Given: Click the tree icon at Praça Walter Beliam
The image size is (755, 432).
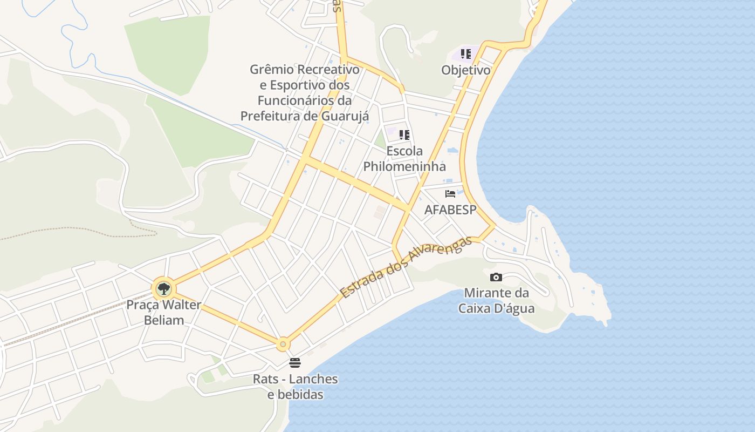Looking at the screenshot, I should pyautogui.click(x=163, y=289).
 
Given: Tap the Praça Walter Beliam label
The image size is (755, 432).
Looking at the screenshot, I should pyautogui.click(x=163, y=312).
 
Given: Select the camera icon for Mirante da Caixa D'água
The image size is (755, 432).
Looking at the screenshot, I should pyautogui.click(x=496, y=278).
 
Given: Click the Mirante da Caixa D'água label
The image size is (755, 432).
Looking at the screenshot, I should pyautogui.click(x=496, y=301).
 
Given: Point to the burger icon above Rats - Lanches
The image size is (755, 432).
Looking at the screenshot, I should pyautogui.click(x=295, y=363).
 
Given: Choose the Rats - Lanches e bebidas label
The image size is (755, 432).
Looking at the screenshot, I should pyautogui.click(x=296, y=387).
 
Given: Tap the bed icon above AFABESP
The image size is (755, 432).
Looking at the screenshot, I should pyautogui.click(x=450, y=194).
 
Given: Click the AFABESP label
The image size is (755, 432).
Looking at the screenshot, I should pyautogui.click(x=450, y=210).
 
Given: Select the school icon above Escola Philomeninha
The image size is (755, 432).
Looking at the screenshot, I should pyautogui.click(x=404, y=135).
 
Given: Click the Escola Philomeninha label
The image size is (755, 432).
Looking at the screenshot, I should pyautogui.click(x=404, y=159).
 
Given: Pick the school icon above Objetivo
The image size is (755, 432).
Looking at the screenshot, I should pyautogui.click(x=466, y=54).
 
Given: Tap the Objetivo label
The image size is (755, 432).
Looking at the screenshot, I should pyautogui.click(x=466, y=70).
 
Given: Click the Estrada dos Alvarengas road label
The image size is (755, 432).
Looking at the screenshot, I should pyautogui.click(x=407, y=267).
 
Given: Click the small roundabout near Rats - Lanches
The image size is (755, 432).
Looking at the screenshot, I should pyautogui.click(x=283, y=344).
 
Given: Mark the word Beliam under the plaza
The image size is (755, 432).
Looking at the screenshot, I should pyautogui.click(x=163, y=320).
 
